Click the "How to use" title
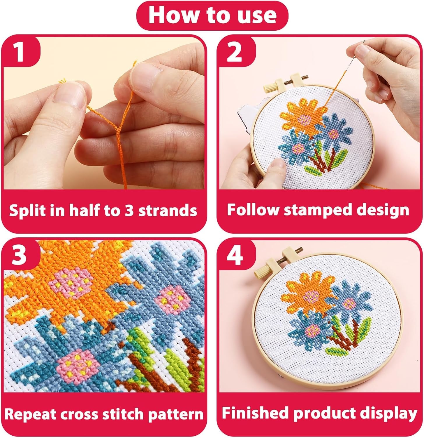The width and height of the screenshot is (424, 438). pyautogui.click(x=212, y=15)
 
